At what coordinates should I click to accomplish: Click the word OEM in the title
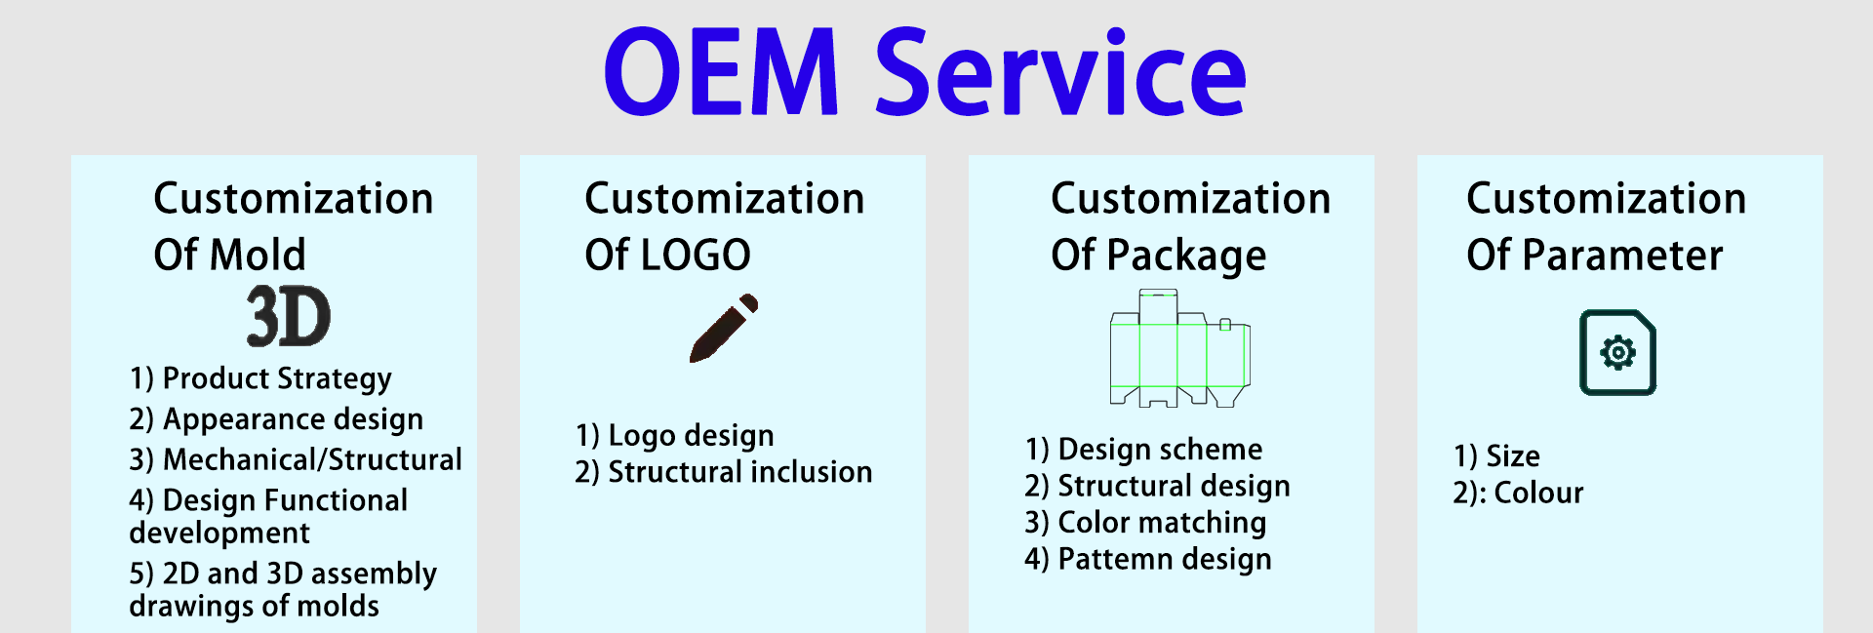721,73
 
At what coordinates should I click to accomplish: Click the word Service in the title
1060,73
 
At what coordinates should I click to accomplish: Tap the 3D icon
288,317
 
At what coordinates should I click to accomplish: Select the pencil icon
724,328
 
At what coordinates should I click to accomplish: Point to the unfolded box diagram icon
1179,348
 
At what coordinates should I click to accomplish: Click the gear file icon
1617,352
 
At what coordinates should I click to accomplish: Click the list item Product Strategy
277,378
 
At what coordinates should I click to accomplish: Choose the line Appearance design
293,419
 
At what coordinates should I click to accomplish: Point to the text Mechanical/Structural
312,459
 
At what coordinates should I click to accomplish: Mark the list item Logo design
691,435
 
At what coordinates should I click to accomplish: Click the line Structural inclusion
739,472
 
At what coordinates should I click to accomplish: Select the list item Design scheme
1160,450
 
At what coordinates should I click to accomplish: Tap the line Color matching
1162,523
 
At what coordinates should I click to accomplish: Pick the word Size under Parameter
1513,456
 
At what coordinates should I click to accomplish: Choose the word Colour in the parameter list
1538,494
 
